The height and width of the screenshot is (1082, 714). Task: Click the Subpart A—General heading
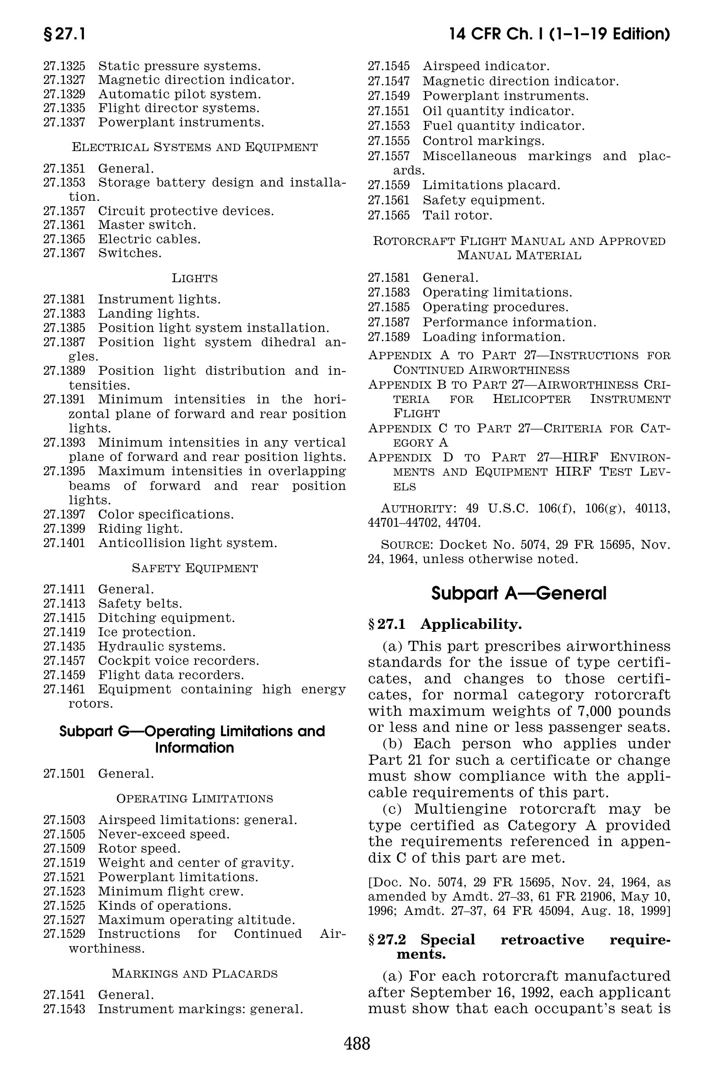519,593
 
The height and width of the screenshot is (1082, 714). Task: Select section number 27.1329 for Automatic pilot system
64,94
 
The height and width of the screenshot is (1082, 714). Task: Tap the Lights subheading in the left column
194,278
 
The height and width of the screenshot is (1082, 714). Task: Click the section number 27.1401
64,543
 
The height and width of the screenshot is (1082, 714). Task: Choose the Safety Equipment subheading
194,568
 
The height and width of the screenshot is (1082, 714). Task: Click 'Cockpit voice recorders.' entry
178,660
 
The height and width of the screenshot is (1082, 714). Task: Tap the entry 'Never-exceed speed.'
164,834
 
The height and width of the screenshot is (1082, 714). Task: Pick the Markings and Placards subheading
194,973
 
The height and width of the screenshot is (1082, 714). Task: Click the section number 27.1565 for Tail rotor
389,215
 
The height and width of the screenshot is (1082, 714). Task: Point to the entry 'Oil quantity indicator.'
498,111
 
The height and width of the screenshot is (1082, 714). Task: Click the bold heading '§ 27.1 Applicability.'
444,624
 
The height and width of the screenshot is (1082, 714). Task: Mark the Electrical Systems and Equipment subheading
194,147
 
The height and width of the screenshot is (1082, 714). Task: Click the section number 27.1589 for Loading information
389,337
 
